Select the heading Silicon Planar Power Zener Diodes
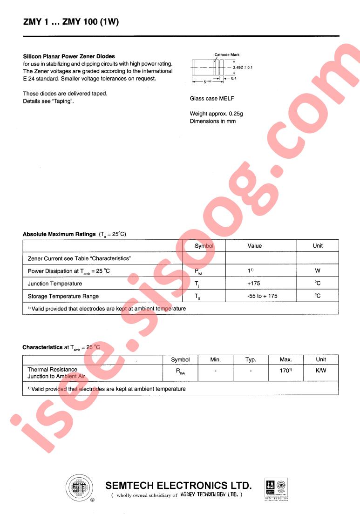tap(69, 56)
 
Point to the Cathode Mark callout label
tap(227, 55)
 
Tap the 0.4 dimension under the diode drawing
tap(234, 79)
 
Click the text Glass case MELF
tap(211, 99)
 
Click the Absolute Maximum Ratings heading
tap(59, 234)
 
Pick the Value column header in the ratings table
tap(255, 246)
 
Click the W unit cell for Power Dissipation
tap(318, 271)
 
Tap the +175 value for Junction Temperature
tap(255, 283)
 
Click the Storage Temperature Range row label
tap(63, 296)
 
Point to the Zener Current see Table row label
tap(79, 258)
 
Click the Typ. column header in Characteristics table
tap(251, 359)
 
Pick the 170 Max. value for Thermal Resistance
tap(285, 371)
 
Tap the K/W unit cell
tap(321, 371)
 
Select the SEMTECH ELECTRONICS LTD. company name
tap(179, 486)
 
